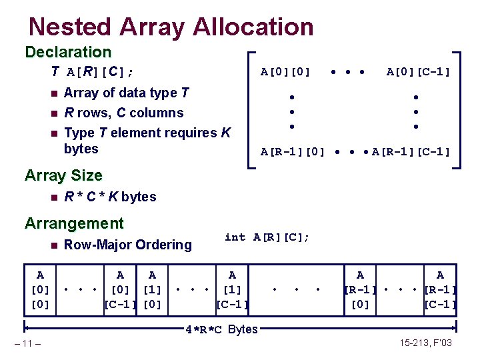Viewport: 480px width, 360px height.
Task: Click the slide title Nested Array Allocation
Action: click(x=171, y=27)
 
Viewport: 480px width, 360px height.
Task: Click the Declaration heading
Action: click(x=68, y=52)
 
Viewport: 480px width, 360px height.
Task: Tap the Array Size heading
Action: click(x=63, y=176)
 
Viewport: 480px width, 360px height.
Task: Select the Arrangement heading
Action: click(x=74, y=223)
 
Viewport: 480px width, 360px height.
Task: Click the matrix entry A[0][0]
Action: click(x=285, y=71)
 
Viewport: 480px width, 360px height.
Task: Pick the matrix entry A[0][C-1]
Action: click(x=419, y=71)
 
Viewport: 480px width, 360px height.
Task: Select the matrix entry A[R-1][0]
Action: click(x=292, y=152)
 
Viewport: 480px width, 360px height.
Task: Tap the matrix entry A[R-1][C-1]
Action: click(x=411, y=152)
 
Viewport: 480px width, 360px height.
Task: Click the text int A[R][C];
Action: click(x=267, y=237)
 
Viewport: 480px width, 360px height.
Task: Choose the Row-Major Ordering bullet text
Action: click(x=128, y=245)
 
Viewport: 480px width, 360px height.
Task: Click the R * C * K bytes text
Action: click(x=110, y=197)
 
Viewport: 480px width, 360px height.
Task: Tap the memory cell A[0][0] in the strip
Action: click(x=41, y=289)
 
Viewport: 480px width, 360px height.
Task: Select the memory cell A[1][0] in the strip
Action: click(x=152, y=289)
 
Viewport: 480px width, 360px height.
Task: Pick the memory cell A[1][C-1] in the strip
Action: click(x=231, y=289)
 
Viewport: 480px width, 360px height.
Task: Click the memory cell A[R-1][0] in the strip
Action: click(x=360, y=289)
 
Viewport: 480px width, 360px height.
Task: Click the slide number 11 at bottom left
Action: click(x=30, y=344)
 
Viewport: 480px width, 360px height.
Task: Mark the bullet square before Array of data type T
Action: click(x=53, y=93)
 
